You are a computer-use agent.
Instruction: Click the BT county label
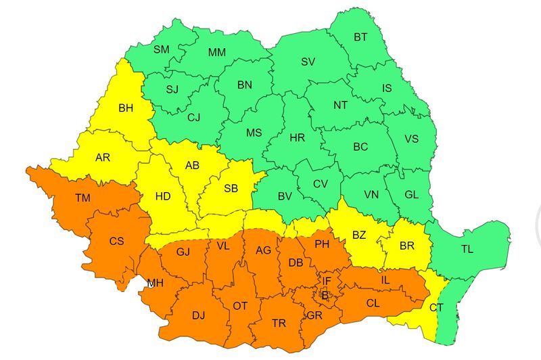(360, 37)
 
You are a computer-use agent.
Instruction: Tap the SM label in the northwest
(162, 49)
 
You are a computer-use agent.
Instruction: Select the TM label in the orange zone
(83, 198)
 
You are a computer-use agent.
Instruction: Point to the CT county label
(437, 308)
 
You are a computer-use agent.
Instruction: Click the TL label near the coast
(467, 249)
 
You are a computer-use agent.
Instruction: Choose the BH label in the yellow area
(126, 108)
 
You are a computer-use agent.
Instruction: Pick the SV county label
(308, 62)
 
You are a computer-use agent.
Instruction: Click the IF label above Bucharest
(327, 281)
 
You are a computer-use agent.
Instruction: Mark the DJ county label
(198, 315)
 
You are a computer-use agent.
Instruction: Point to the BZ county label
(359, 235)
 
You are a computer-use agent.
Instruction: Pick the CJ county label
(194, 118)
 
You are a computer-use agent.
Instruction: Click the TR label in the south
(279, 323)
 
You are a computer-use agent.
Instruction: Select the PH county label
(323, 244)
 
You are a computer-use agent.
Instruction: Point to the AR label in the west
(103, 158)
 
